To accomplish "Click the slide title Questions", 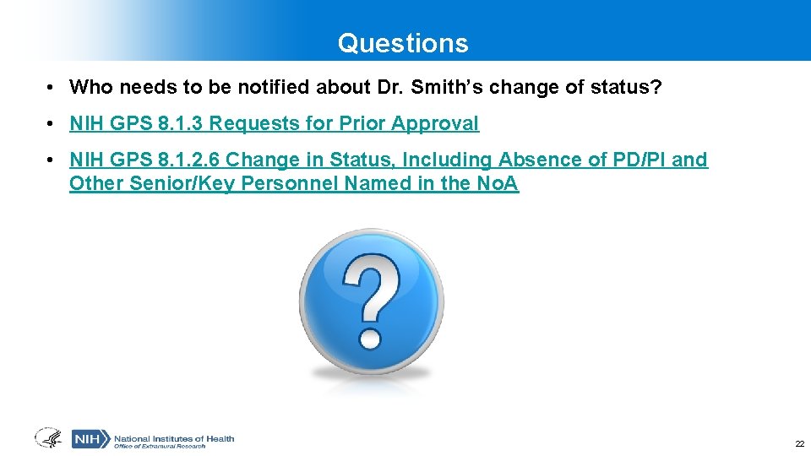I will [402, 43].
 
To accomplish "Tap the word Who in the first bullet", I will [88, 87].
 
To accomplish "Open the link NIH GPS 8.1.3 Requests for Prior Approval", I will [274, 124].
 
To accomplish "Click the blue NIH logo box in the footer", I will [90, 439].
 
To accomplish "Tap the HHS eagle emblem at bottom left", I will [49, 438].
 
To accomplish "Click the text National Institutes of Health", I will [174, 437].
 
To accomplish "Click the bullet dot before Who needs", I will [52, 88].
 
